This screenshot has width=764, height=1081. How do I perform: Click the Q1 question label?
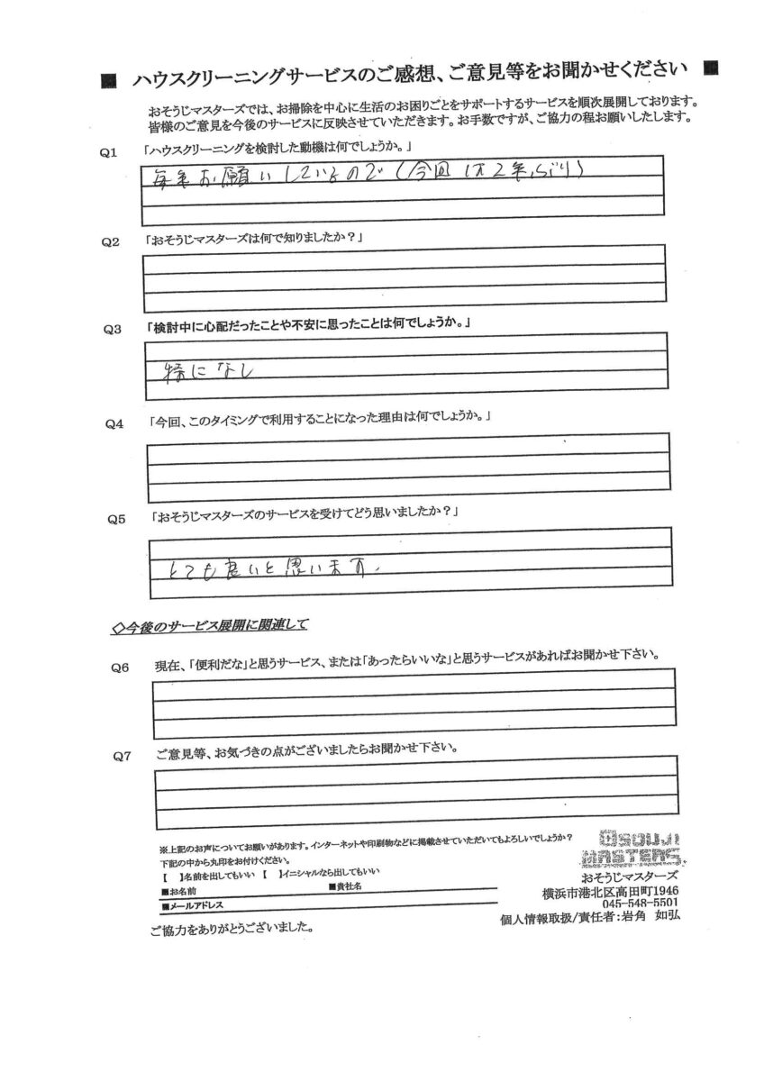110,153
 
